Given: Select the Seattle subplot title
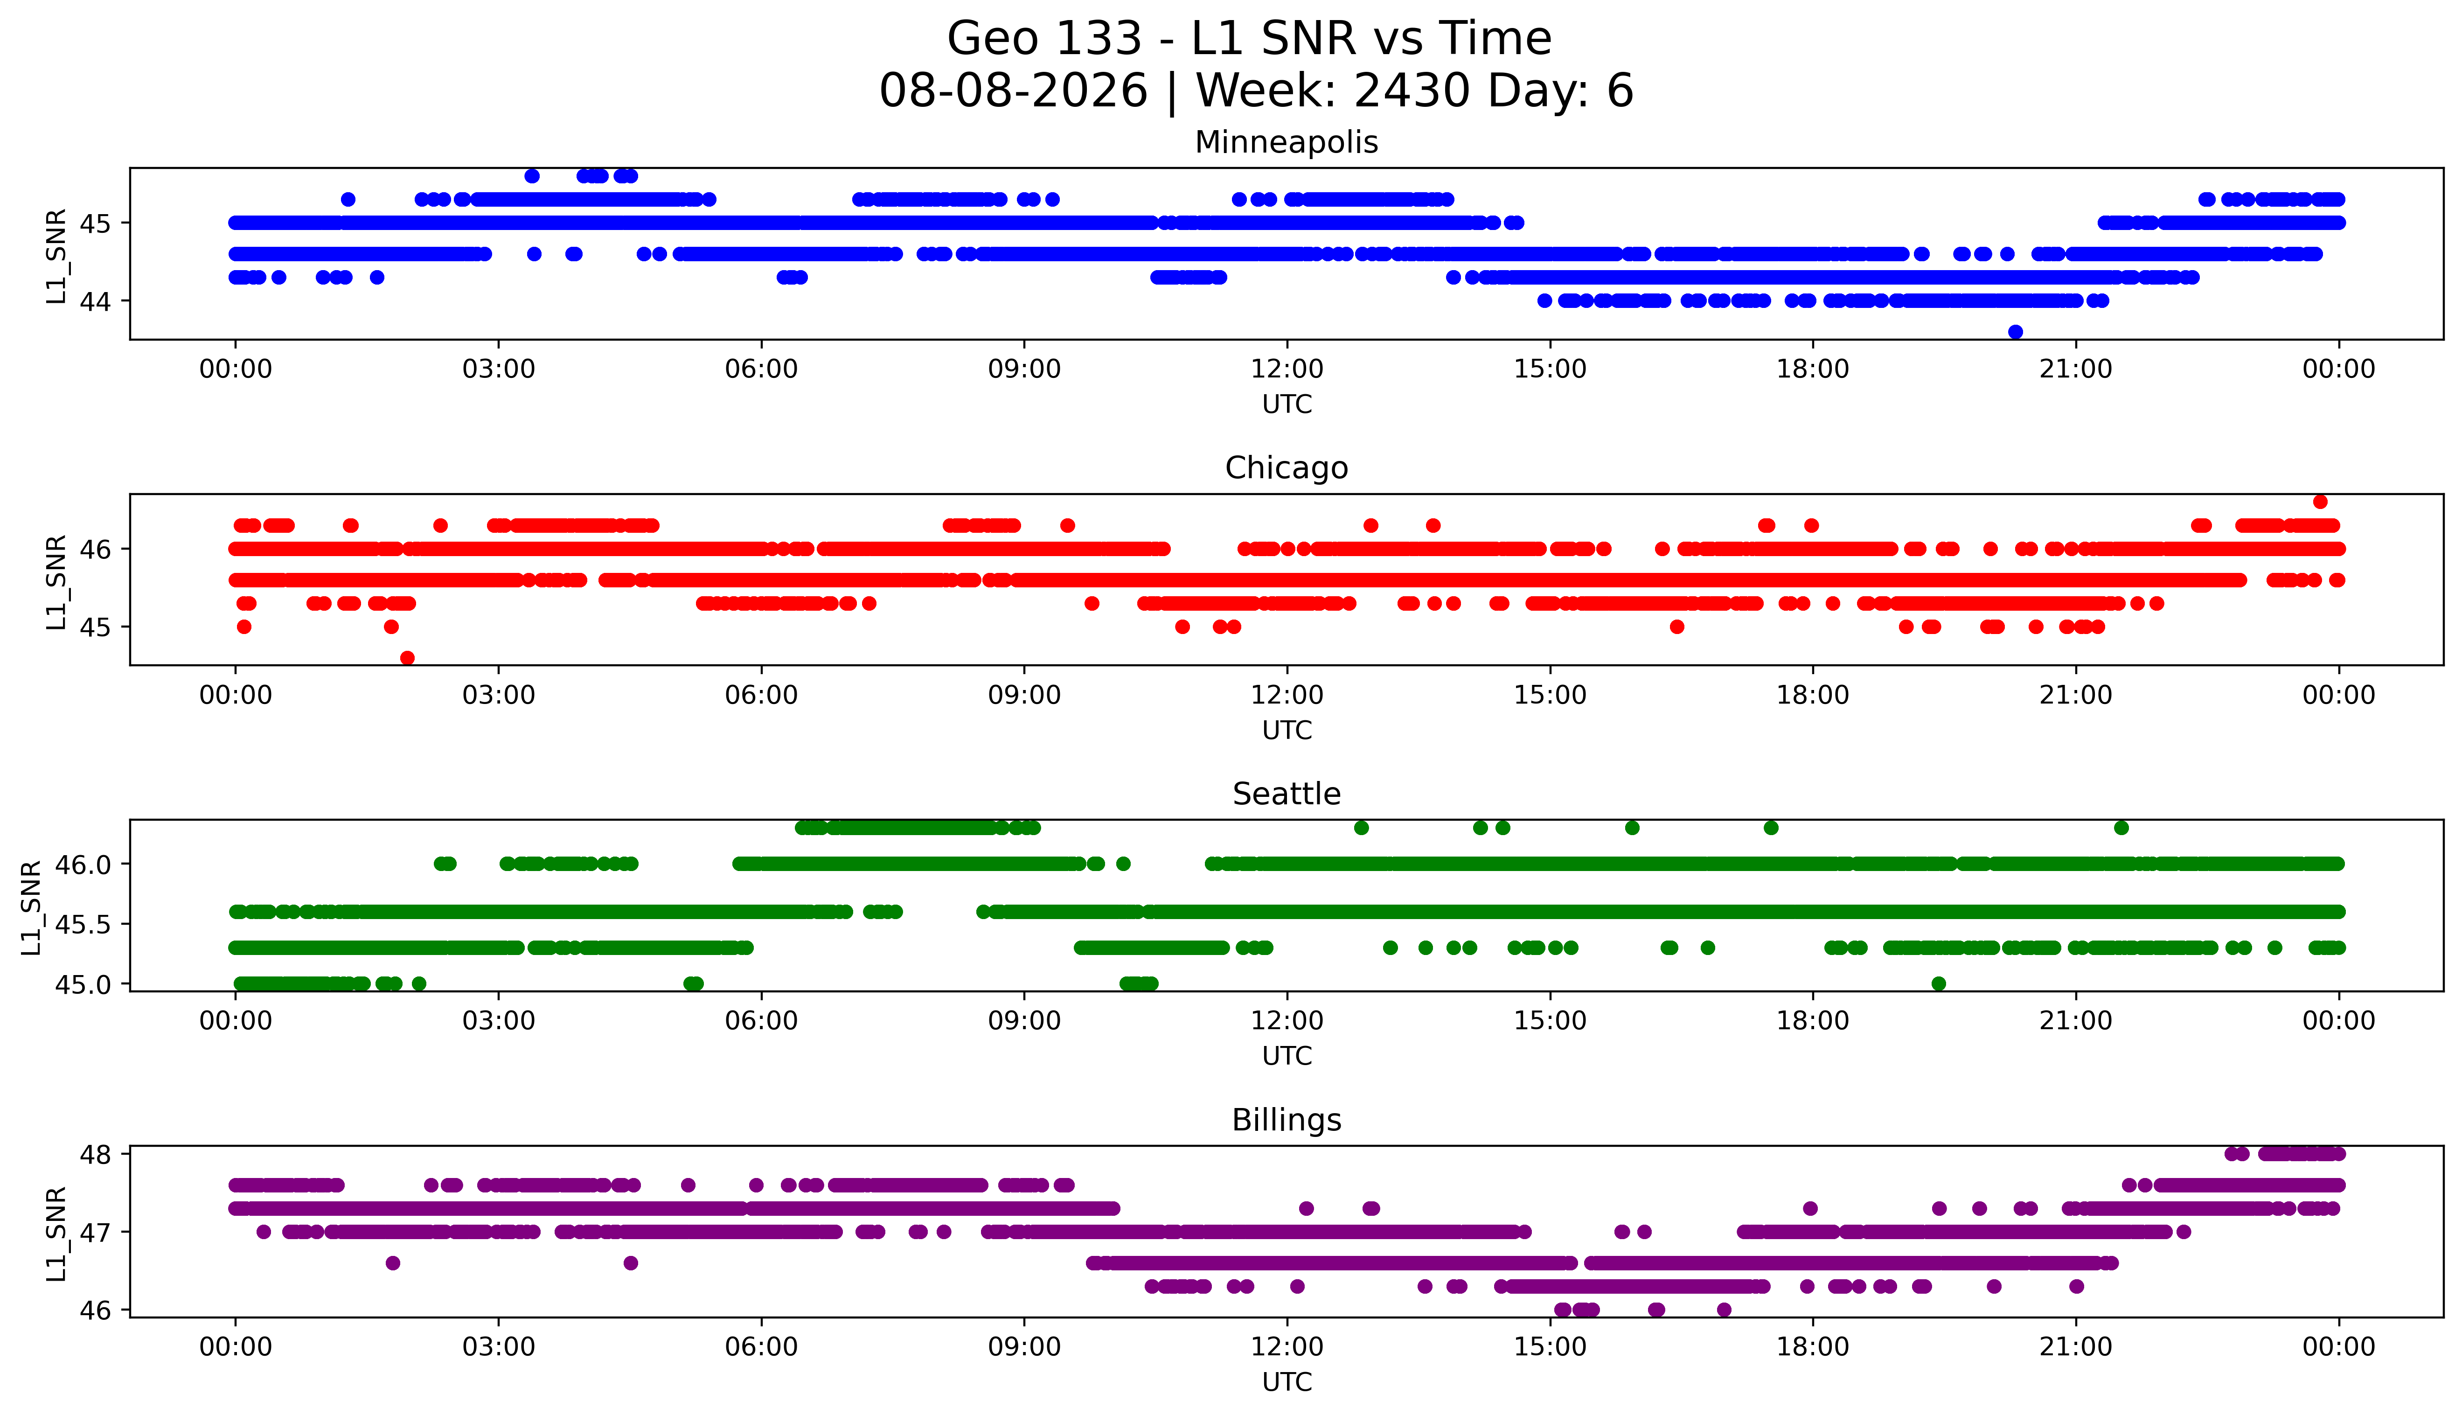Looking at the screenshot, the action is [1287, 794].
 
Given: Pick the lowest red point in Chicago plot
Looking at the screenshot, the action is [407, 658].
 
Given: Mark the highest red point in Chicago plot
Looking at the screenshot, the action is [2320, 502].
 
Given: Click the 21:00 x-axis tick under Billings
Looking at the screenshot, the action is [2075, 1347].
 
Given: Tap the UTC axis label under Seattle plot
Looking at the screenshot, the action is [1287, 1055].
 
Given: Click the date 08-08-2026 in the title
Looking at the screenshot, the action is [1013, 91].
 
